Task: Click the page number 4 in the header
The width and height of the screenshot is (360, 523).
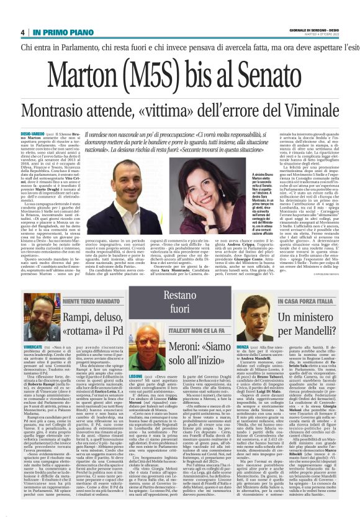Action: click(22, 32)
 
